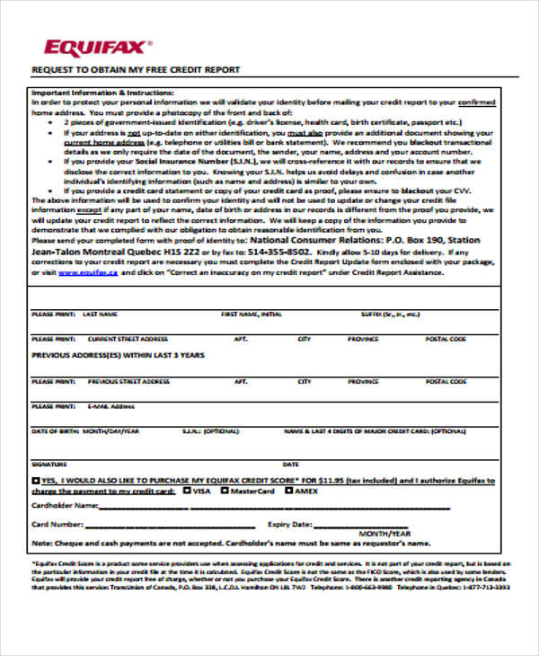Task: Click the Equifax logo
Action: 98,46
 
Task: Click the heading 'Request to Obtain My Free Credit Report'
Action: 136,69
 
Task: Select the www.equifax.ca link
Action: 87,272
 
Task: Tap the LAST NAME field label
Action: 100,315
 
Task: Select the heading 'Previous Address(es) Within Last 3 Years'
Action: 118,355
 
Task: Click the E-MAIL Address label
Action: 111,406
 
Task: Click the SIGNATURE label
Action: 49,465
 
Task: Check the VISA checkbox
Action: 186,491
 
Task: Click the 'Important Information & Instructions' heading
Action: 102,93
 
